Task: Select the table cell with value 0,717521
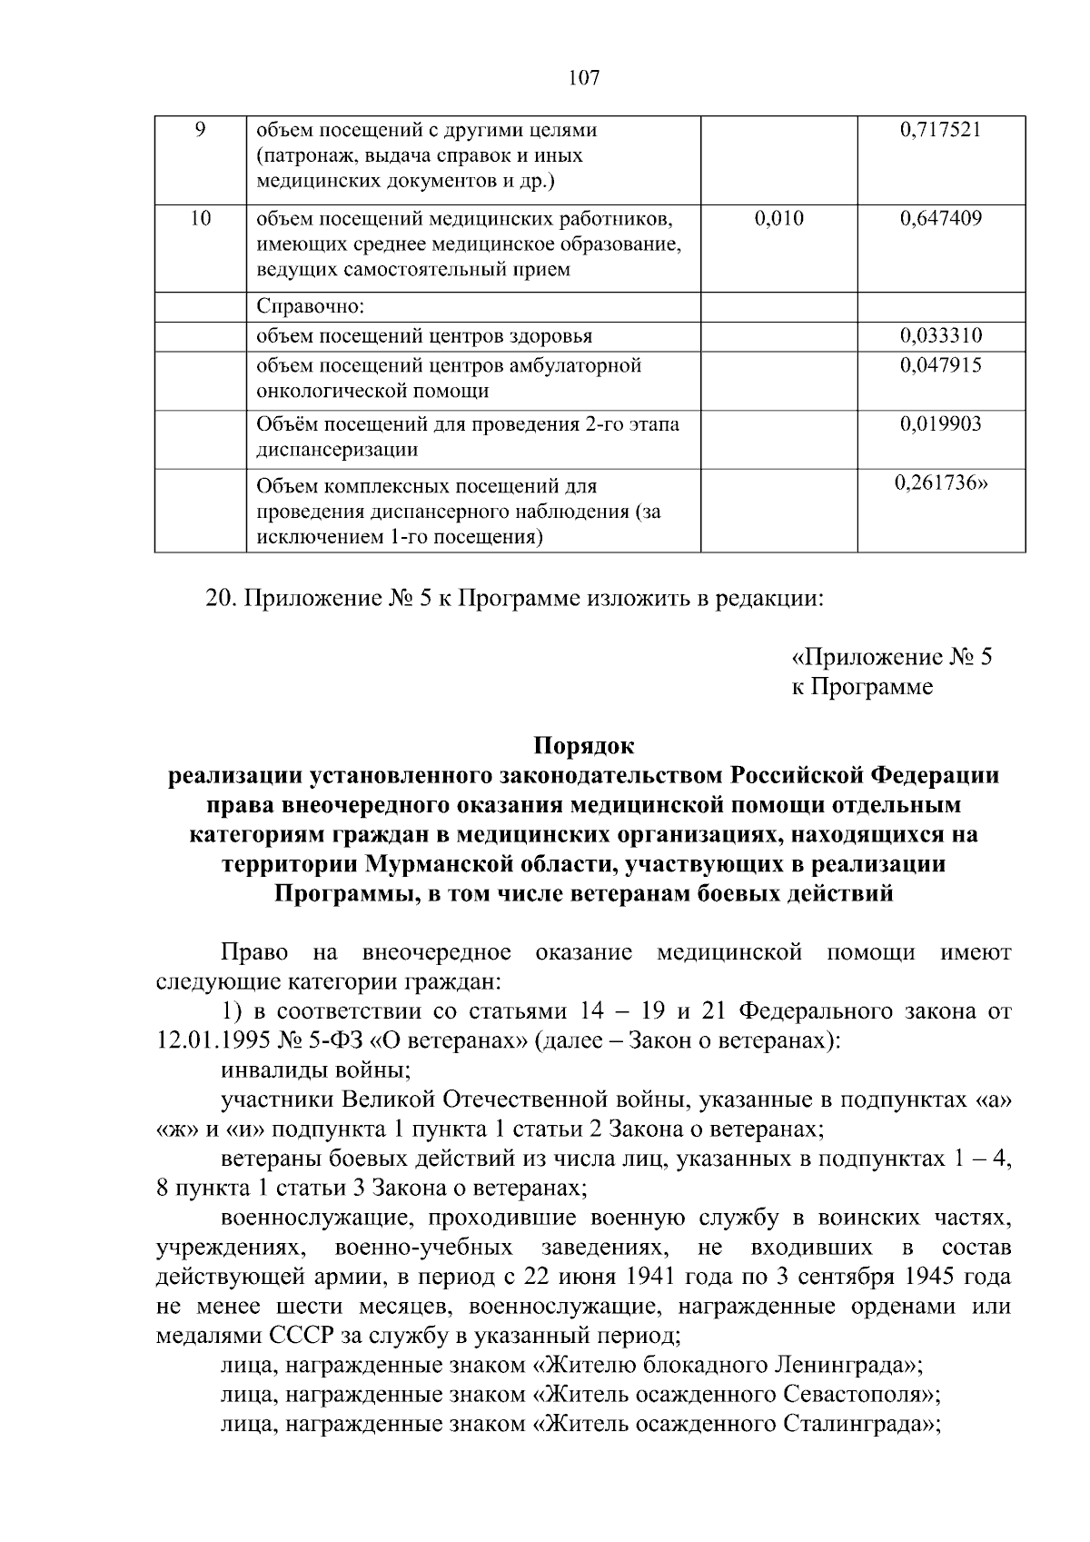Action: point(941,130)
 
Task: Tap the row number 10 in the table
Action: point(201,218)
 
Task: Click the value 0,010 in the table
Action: point(779,218)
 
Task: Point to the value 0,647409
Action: point(941,218)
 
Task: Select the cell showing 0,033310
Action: point(941,336)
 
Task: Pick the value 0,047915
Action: point(941,365)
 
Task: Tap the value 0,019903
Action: point(941,424)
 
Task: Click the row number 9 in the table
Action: point(201,130)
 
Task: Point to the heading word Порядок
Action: point(583,747)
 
